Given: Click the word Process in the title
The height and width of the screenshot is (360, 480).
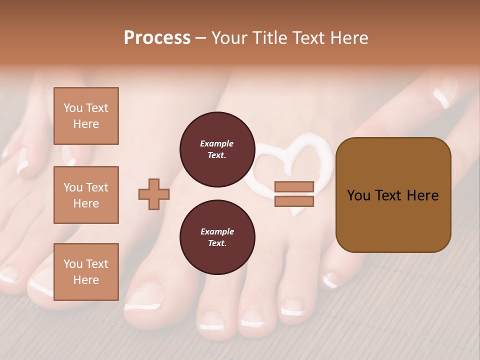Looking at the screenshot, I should (157, 37).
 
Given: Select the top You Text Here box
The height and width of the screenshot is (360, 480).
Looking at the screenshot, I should (86, 116).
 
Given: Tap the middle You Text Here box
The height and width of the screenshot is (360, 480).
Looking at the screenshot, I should (86, 195).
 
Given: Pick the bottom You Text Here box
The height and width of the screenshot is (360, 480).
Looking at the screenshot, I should (86, 271).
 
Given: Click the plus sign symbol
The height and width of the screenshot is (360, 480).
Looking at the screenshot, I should (154, 194).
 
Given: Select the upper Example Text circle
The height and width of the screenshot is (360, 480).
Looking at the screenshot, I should (217, 149).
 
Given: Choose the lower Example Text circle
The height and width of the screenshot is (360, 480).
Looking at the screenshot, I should (217, 237).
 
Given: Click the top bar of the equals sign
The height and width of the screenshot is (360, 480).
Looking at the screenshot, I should (294, 187).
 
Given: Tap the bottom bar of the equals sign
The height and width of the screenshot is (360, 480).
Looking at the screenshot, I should (294, 201).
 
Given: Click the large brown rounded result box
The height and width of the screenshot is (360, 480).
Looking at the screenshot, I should (393, 195).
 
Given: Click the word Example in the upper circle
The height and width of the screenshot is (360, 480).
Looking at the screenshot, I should (217, 144).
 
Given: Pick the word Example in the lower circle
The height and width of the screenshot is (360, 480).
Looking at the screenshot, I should (217, 231).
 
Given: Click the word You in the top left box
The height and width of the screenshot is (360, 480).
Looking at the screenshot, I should (72, 108).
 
